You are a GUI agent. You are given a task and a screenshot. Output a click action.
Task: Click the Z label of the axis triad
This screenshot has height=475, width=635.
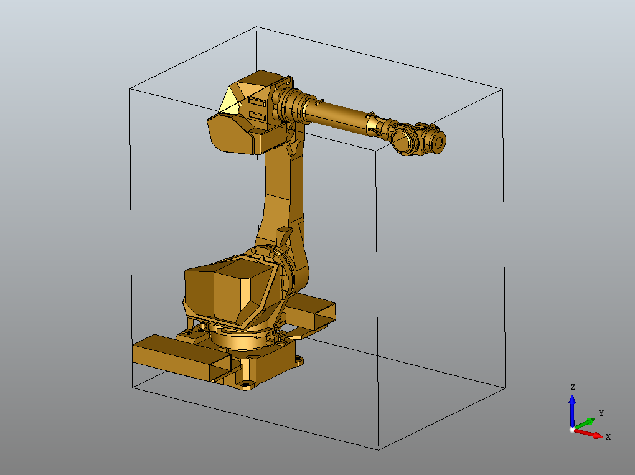click(573, 387)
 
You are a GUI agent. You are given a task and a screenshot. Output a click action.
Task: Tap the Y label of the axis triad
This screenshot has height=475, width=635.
click(601, 413)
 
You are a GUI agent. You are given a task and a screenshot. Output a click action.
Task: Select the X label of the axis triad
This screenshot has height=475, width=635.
click(608, 436)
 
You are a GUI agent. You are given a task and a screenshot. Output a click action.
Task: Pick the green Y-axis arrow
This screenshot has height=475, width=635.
click(585, 423)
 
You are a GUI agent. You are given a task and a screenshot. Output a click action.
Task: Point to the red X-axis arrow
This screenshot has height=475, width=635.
click(590, 433)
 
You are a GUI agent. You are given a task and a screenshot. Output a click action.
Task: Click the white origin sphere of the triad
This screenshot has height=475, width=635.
click(572, 430)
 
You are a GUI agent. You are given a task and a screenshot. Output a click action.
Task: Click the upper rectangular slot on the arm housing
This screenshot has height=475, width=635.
click(257, 101)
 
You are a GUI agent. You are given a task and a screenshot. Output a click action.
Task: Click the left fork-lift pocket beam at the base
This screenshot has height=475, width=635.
click(174, 358)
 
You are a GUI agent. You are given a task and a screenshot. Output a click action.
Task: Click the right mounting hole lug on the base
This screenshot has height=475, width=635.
click(299, 359)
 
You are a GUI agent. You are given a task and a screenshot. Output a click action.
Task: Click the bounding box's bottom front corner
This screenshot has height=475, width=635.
click(379, 449)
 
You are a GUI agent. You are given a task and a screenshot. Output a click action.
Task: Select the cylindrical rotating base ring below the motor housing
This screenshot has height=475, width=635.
click(240, 340)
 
